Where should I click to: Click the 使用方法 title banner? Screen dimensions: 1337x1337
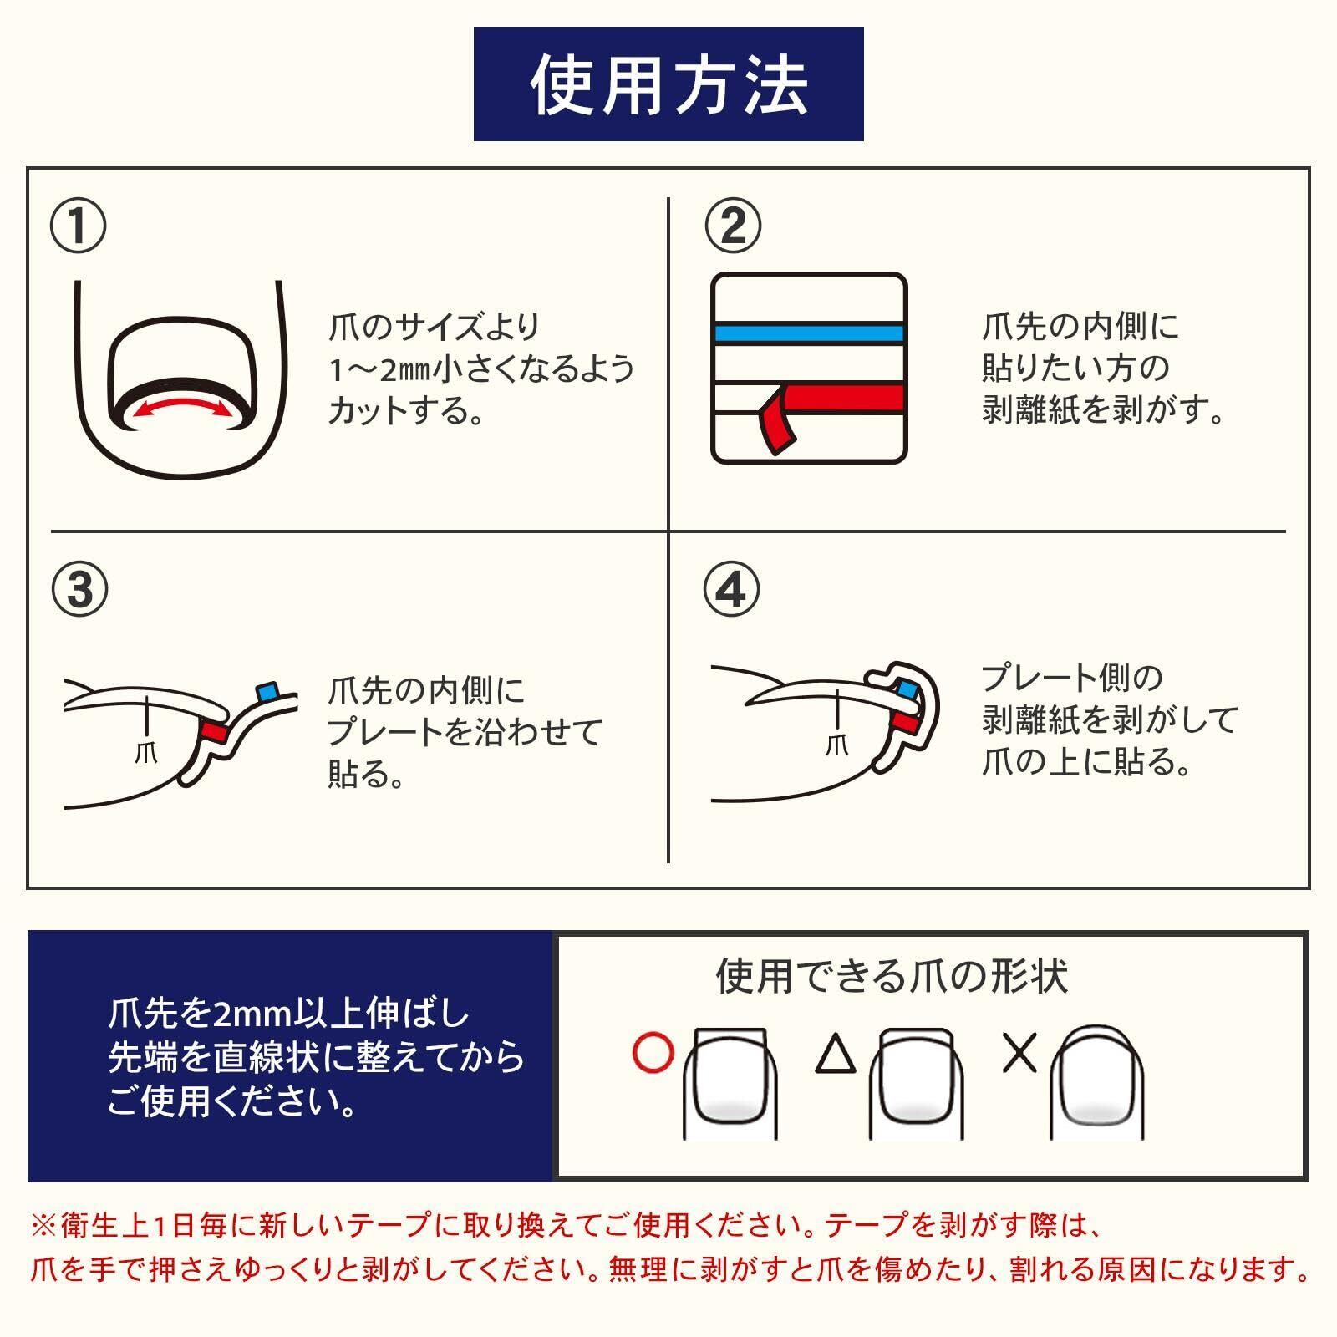[x=668, y=84]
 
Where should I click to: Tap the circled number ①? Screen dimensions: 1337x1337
[x=79, y=226]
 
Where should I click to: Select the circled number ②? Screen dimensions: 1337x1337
[x=733, y=226]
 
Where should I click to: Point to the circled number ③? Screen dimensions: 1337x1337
[x=79, y=589]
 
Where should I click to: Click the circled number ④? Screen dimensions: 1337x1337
[x=733, y=589]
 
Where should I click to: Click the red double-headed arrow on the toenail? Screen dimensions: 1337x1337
[x=182, y=403]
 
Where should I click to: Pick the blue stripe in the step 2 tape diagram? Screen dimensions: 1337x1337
[x=809, y=333]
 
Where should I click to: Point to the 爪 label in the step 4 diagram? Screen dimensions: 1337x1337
[x=836, y=744]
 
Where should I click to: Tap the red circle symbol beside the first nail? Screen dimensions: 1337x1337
[x=653, y=1053]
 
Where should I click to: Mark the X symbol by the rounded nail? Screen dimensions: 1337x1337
[x=1019, y=1053]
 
